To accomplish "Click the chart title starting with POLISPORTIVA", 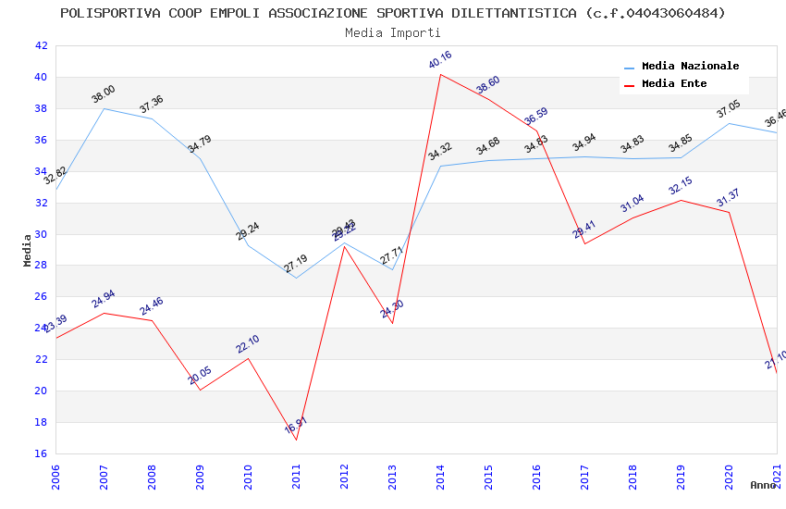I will tap(393, 13).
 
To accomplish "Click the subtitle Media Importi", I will tap(393, 32).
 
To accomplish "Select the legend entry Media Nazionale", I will tap(690, 67).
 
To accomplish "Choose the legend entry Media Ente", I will tap(674, 84).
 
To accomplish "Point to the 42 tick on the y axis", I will tap(41, 45).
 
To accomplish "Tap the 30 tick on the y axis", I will tap(41, 234).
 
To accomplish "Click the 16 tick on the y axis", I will tap(41, 453).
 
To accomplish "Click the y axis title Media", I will tap(28, 250).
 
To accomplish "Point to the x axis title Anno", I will tap(763, 485).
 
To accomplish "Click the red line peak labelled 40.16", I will tap(441, 74).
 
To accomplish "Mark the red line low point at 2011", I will tap(297, 440).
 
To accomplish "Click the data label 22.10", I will tap(248, 344).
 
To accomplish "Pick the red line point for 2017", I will tap(585, 243).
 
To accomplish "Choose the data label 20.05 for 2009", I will tap(200, 376).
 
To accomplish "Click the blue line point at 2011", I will tap(297, 278).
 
